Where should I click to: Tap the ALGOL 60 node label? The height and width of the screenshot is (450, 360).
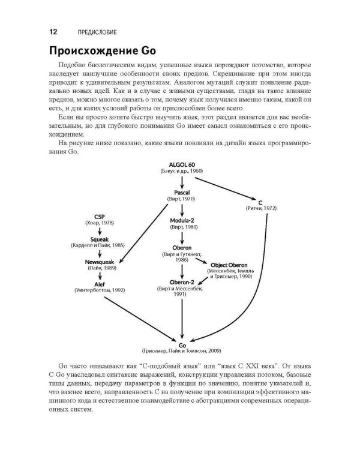182,164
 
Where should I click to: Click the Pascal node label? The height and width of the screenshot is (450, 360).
182,192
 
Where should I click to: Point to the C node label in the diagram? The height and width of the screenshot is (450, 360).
261,202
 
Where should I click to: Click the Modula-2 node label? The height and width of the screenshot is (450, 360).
182,221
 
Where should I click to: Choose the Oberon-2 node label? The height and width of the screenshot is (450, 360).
182,283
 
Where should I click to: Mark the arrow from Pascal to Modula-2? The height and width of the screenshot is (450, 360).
182,209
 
